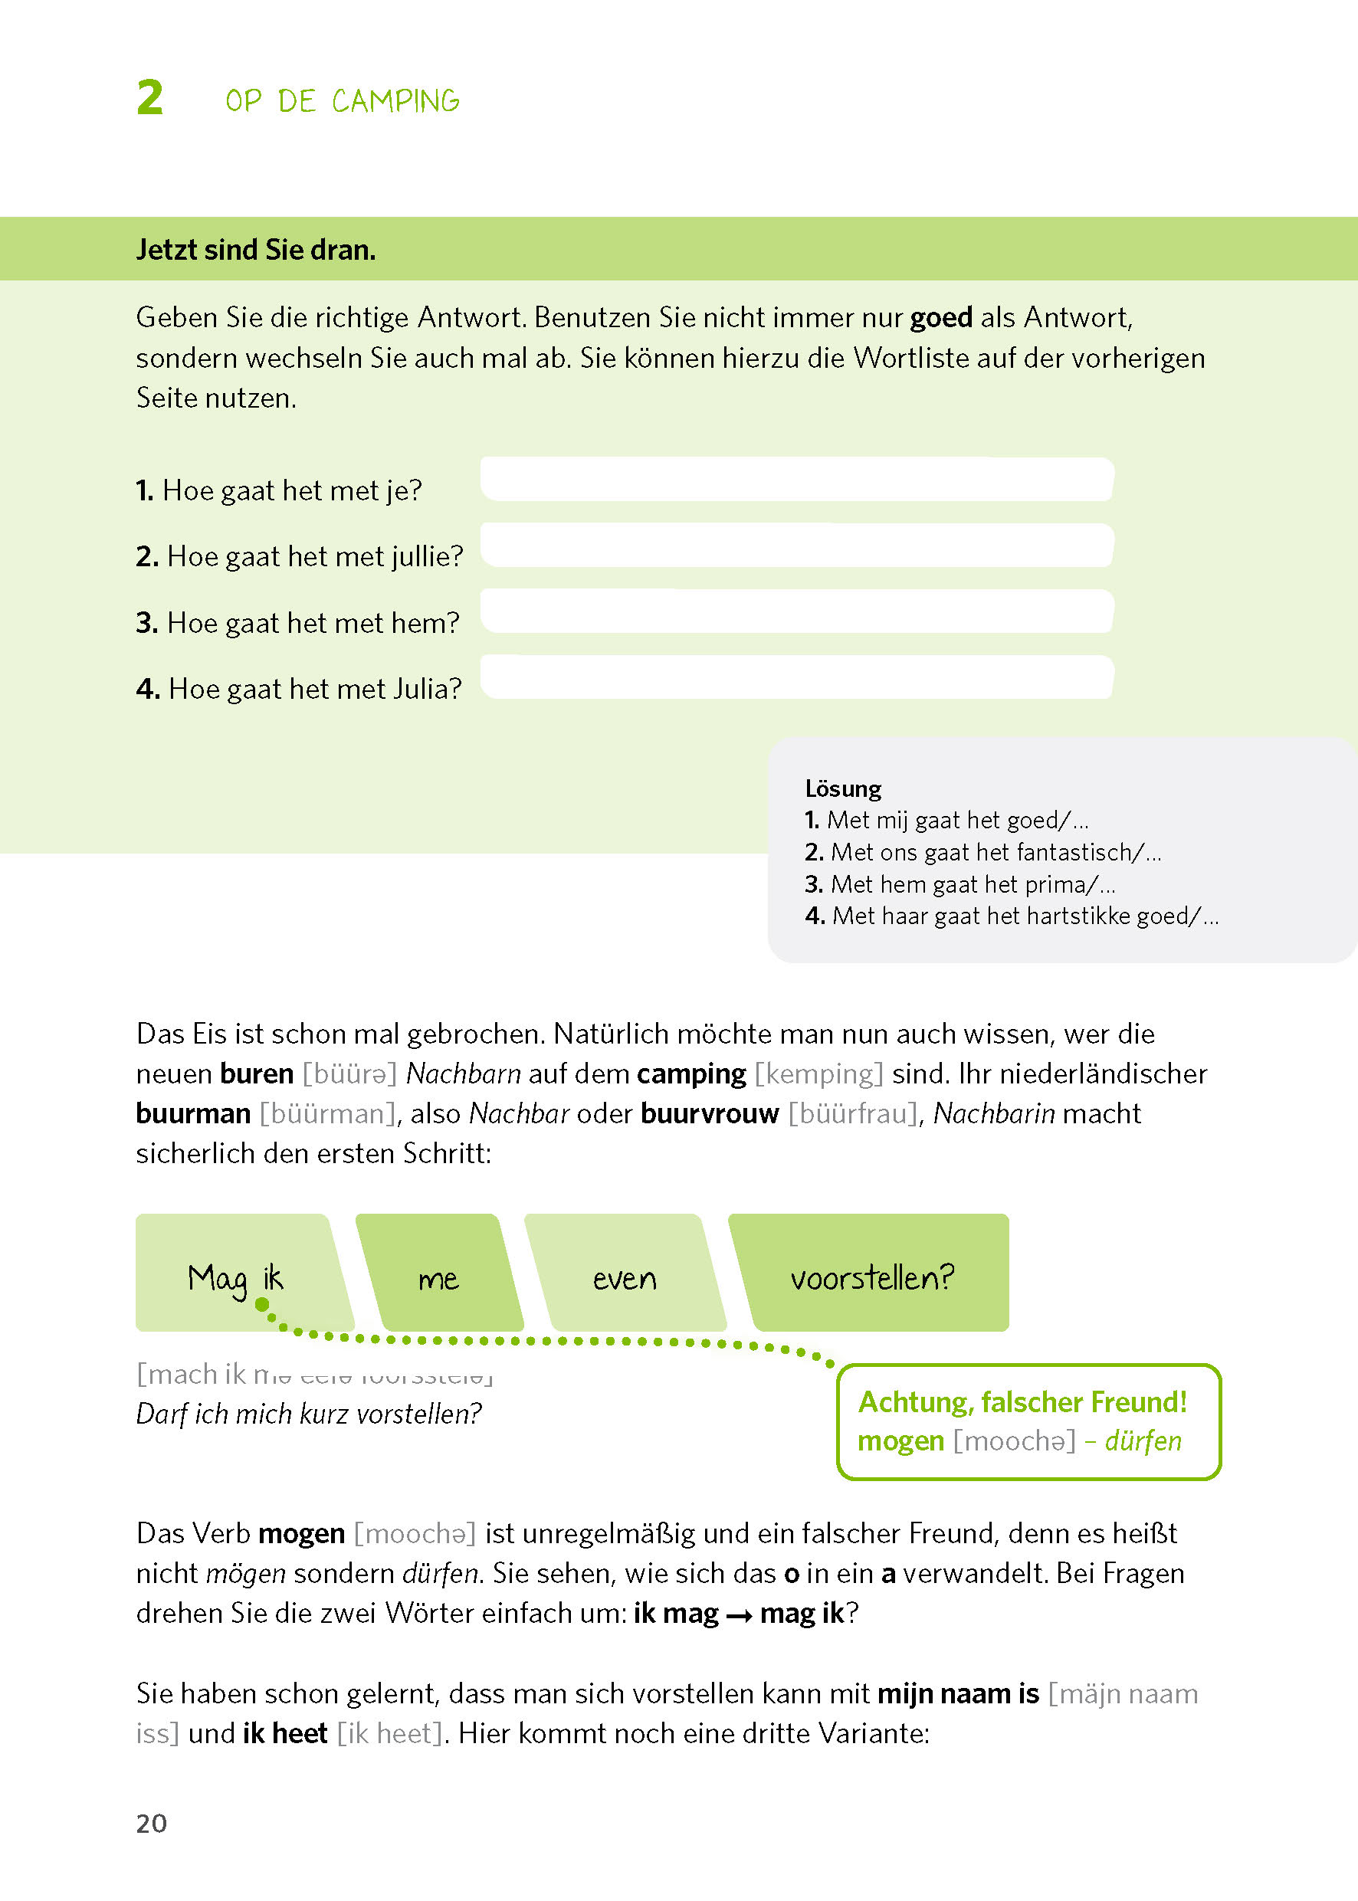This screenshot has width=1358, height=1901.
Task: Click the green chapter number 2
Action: coord(149,98)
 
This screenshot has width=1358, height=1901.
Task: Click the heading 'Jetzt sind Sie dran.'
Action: coord(256,250)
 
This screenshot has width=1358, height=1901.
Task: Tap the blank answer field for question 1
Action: coord(796,479)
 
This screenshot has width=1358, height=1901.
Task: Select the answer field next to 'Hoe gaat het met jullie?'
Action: coord(796,545)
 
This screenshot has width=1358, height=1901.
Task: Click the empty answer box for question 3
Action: coord(796,611)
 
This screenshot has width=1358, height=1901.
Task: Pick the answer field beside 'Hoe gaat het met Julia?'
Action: coord(796,677)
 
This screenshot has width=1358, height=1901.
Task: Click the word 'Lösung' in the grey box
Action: coord(843,788)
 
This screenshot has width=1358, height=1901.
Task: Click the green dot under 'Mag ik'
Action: coord(262,1304)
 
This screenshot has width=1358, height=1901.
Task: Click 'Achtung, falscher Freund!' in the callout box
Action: coord(1022,1402)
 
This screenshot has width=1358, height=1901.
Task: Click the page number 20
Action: coord(151,1824)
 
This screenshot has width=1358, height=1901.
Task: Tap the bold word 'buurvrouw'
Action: coord(709,1113)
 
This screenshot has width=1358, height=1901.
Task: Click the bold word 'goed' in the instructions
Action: coord(941,318)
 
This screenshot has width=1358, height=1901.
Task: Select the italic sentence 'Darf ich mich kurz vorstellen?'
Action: coord(309,1414)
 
